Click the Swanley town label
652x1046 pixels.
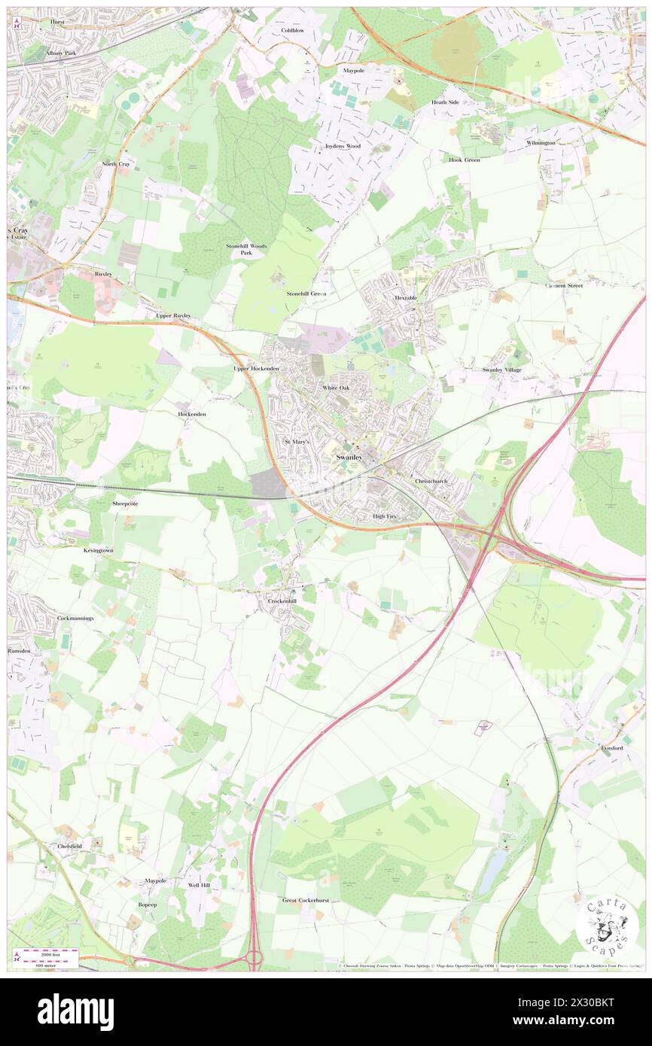[x=349, y=458]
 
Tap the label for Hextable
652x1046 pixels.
[x=406, y=298]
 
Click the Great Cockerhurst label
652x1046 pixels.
[x=306, y=900]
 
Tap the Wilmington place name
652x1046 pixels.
[x=541, y=142]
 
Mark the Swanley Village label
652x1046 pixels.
[x=501, y=369]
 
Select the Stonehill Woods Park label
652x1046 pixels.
[x=247, y=249]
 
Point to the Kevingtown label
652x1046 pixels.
[x=98, y=550]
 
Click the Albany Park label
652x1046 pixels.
[x=61, y=53]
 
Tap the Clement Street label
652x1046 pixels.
[x=565, y=285]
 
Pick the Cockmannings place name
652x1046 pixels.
[x=75, y=618]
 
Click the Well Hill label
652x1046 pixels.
[x=200, y=886]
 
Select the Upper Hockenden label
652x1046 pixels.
[x=256, y=369]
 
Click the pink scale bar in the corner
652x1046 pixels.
[x=50, y=953]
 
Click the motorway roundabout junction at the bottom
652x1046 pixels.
[x=253, y=959]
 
